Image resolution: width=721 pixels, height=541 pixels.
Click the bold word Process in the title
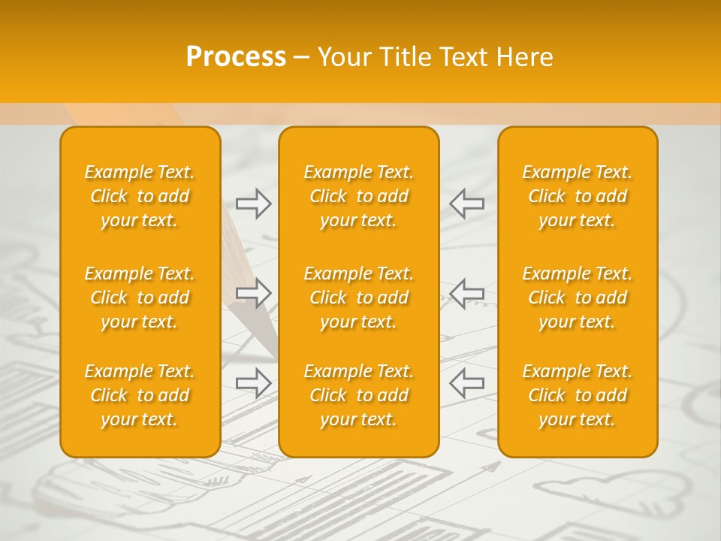tap(236, 57)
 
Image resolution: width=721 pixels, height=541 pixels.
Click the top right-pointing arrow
tap(253, 203)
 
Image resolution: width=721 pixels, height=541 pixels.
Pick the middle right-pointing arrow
tap(253, 293)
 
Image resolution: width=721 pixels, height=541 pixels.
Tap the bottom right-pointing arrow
tap(253, 383)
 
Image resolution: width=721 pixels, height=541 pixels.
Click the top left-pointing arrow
tap(467, 203)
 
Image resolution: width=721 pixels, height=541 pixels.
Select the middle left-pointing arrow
tap(467, 293)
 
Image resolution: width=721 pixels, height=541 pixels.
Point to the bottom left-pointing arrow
tap(467, 383)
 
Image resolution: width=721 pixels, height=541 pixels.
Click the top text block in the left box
tap(140, 196)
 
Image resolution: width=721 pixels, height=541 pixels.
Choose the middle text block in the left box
tap(140, 298)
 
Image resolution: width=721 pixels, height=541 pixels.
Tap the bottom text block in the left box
tap(140, 395)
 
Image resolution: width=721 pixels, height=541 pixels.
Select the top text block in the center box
tap(359, 196)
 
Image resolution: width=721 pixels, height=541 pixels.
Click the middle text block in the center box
tap(359, 298)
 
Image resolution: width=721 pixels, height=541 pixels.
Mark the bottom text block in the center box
tap(359, 395)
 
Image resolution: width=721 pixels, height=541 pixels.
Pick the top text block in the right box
tap(578, 196)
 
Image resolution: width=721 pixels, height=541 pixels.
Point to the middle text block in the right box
tap(578, 298)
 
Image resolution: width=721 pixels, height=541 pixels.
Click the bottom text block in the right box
tap(578, 395)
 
